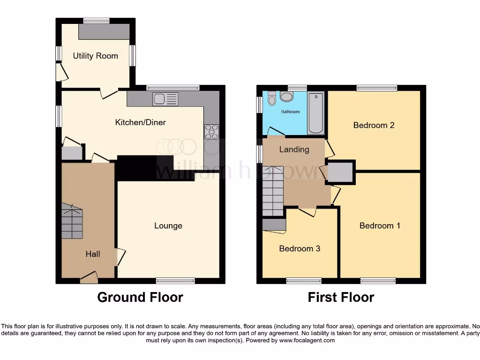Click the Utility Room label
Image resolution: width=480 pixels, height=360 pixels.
coord(95,56)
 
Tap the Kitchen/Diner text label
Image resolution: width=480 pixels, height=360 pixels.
coord(141,122)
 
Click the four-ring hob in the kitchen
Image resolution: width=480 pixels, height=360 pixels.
coord(211,131)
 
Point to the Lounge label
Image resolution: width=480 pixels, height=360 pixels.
coord(168,226)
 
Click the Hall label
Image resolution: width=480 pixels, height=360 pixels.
coord(93,254)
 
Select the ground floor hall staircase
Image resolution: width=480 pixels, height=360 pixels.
coord(72,221)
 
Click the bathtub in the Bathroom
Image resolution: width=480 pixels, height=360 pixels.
coord(316,113)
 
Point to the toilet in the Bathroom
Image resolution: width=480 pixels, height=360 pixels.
coord(272,98)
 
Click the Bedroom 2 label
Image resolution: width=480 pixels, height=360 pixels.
coord(374,125)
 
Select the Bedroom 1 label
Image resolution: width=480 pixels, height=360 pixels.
coord(380,225)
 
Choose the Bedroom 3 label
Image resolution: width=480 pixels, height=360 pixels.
coord(300,248)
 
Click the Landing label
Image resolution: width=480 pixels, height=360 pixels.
coord(294,150)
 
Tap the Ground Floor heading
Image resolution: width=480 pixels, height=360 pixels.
coord(140,297)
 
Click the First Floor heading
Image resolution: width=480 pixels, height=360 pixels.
coord(341,297)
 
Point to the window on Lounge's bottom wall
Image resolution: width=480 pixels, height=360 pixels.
coord(175,281)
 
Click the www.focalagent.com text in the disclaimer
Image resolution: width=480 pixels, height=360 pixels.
coord(307,340)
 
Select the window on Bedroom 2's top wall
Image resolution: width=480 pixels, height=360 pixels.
coord(376,88)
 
